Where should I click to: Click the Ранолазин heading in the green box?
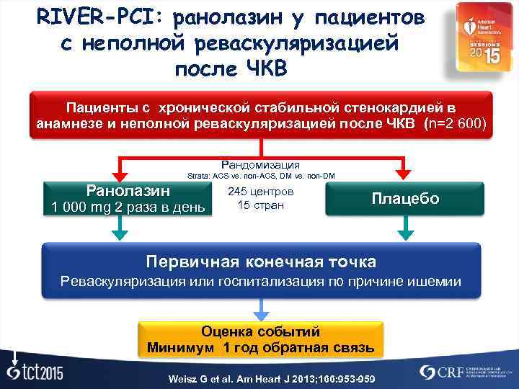tap(128, 191)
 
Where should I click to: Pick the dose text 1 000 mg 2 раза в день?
tap(128, 208)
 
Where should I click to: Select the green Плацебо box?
tap(404, 199)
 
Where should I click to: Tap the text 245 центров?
tap(260, 192)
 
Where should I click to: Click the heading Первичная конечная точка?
tap(260, 260)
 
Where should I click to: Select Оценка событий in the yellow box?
tap(260, 332)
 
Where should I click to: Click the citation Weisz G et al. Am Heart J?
tap(260, 379)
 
